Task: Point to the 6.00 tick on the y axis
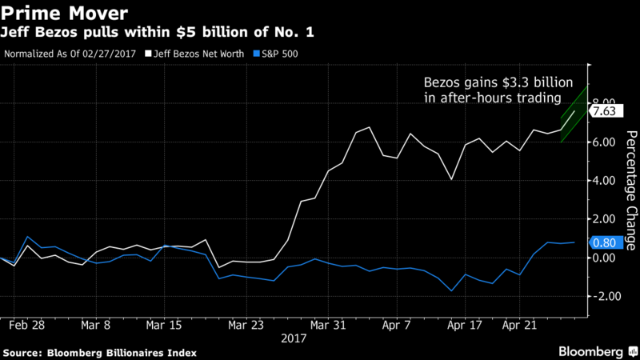[x=605, y=142]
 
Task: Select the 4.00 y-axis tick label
[x=605, y=181]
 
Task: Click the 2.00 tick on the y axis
[x=605, y=219]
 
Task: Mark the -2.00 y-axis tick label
[x=604, y=296]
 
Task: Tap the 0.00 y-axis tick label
[x=605, y=258]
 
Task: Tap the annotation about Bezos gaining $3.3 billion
[x=493, y=90]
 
